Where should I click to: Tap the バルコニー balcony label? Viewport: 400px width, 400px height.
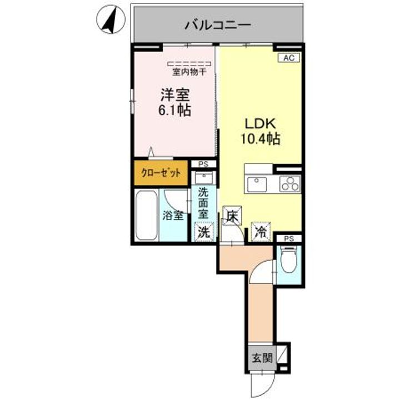point(218,25)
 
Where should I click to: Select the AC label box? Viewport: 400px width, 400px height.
point(288,58)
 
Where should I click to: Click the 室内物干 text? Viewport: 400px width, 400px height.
point(189,71)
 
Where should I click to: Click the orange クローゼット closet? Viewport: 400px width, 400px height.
point(160,173)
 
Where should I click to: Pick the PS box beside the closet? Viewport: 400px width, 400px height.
point(203,164)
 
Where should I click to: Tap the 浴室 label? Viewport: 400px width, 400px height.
point(173,216)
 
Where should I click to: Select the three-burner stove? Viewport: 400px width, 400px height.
point(289,183)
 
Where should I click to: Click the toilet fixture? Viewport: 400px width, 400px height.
point(289,261)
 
